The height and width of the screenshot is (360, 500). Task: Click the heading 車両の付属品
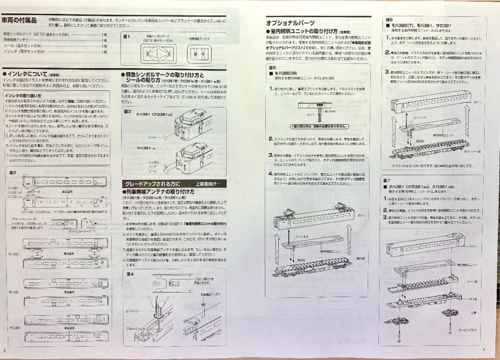tap(19, 20)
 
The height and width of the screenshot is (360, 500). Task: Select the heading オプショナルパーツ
tap(290, 23)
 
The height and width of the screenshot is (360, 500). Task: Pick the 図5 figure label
tap(271, 68)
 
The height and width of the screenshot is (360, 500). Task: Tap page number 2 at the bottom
tap(5, 350)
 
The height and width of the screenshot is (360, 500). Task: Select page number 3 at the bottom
tap(483, 349)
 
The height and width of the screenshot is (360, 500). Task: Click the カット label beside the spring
tap(311, 114)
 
